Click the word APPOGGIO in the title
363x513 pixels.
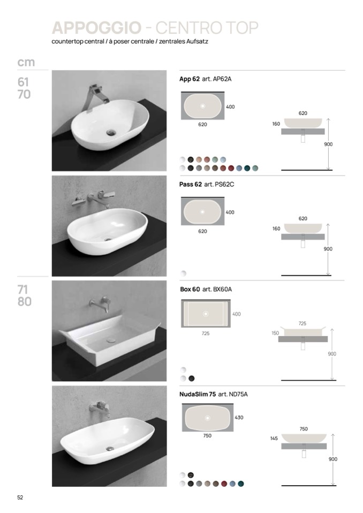[96, 28]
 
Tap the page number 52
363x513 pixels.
[20, 497]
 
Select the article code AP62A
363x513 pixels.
[222, 79]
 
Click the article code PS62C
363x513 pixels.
[224, 184]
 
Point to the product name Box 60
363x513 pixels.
[190, 289]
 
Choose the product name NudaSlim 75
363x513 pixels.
[198, 394]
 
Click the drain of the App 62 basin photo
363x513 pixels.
[111, 133]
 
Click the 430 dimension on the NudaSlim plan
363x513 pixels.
[239, 417]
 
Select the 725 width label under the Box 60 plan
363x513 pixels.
[206, 333]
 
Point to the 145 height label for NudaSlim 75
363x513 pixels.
[274, 439]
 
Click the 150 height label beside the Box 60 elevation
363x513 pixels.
[275, 333]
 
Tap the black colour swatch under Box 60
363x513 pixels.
[192, 379]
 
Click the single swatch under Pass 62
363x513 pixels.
[183, 273]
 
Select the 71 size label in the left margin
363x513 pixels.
[22, 289]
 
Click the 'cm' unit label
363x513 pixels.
[26, 62]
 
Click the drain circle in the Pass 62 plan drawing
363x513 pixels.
[202, 212]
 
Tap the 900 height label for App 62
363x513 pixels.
[328, 144]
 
